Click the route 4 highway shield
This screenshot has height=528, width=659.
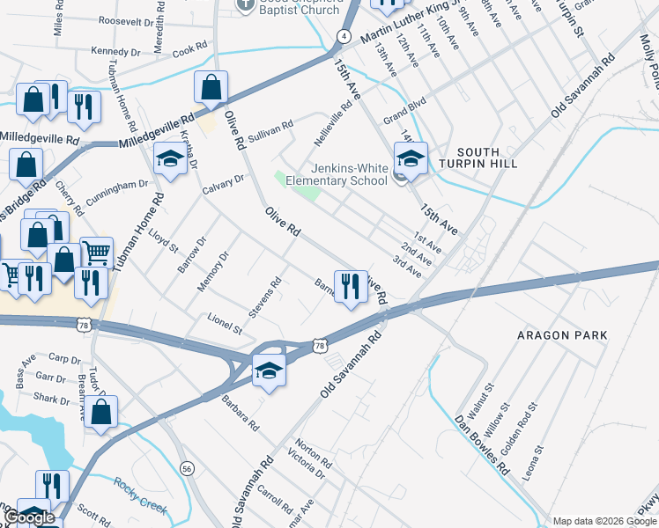[x=344, y=36]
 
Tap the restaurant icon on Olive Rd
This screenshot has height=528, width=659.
[x=351, y=286]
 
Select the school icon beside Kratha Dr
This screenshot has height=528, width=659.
[x=168, y=159]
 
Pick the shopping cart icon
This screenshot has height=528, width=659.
[x=96, y=253]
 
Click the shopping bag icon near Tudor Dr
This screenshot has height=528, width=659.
[x=102, y=412]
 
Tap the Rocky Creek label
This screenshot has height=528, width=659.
[x=140, y=495]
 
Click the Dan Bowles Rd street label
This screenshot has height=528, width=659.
[x=482, y=444]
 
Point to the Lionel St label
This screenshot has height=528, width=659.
[x=225, y=324]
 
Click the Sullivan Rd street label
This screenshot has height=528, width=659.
[x=270, y=128]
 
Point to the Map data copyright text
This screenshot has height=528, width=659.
[x=603, y=521]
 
